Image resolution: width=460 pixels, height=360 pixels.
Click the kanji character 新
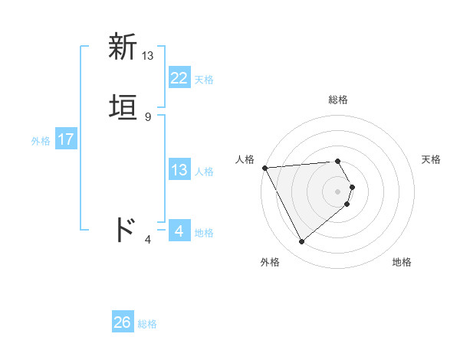click(x=123, y=47)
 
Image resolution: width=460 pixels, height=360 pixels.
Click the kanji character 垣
click(x=123, y=109)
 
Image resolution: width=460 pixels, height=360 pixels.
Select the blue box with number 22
click(x=179, y=78)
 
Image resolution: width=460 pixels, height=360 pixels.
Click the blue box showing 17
click(x=65, y=139)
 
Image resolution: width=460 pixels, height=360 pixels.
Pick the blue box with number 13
click(x=179, y=170)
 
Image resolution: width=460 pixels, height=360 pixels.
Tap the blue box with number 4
click(x=179, y=231)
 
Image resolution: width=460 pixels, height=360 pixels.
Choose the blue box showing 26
click(x=123, y=322)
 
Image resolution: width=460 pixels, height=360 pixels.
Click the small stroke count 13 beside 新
click(x=148, y=55)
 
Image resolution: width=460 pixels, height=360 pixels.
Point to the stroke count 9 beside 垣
click(x=148, y=117)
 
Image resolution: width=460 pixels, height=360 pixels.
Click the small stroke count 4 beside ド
click(x=148, y=240)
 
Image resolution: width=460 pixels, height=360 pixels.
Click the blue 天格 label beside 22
click(x=204, y=80)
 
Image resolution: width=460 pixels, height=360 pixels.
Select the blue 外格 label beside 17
click(x=41, y=141)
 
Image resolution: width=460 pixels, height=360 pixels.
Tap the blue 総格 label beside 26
click(x=147, y=324)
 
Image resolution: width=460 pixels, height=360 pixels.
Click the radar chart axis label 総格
click(x=338, y=100)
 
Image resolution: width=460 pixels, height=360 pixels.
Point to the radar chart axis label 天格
click(x=432, y=159)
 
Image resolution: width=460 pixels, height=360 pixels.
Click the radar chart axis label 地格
click(x=402, y=262)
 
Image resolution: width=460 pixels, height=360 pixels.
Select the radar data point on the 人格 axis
click(x=264, y=168)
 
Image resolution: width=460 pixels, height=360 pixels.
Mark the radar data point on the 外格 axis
click(x=301, y=242)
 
